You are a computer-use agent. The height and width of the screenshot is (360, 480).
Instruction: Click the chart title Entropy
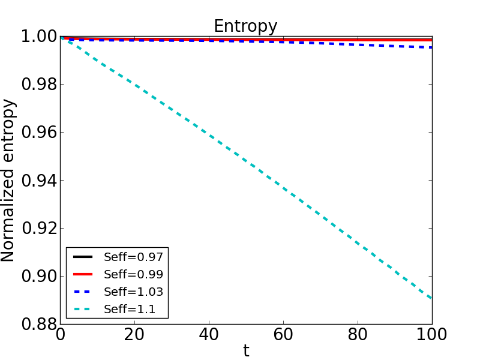point(245,26)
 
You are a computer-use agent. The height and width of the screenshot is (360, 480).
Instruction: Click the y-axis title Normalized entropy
point(8,180)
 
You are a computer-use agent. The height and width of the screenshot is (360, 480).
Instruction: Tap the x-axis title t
point(246,351)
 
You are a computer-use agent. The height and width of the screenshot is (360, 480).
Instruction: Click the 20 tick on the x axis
point(134,335)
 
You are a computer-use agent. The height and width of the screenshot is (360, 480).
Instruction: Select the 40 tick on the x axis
point(209,335)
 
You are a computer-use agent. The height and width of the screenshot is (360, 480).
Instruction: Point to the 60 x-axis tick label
point(283,335)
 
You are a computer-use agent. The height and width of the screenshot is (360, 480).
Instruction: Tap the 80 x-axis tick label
point(358,335)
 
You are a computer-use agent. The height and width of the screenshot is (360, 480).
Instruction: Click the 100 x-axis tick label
point(431,335)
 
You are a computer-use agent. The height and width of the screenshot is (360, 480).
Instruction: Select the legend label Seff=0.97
point(133,257)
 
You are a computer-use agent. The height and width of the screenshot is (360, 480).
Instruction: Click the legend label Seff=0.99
point(133,274)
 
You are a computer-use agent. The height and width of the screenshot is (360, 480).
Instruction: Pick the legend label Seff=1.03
point(133,292)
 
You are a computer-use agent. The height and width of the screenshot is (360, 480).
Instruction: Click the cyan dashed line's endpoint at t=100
point(431,298)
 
